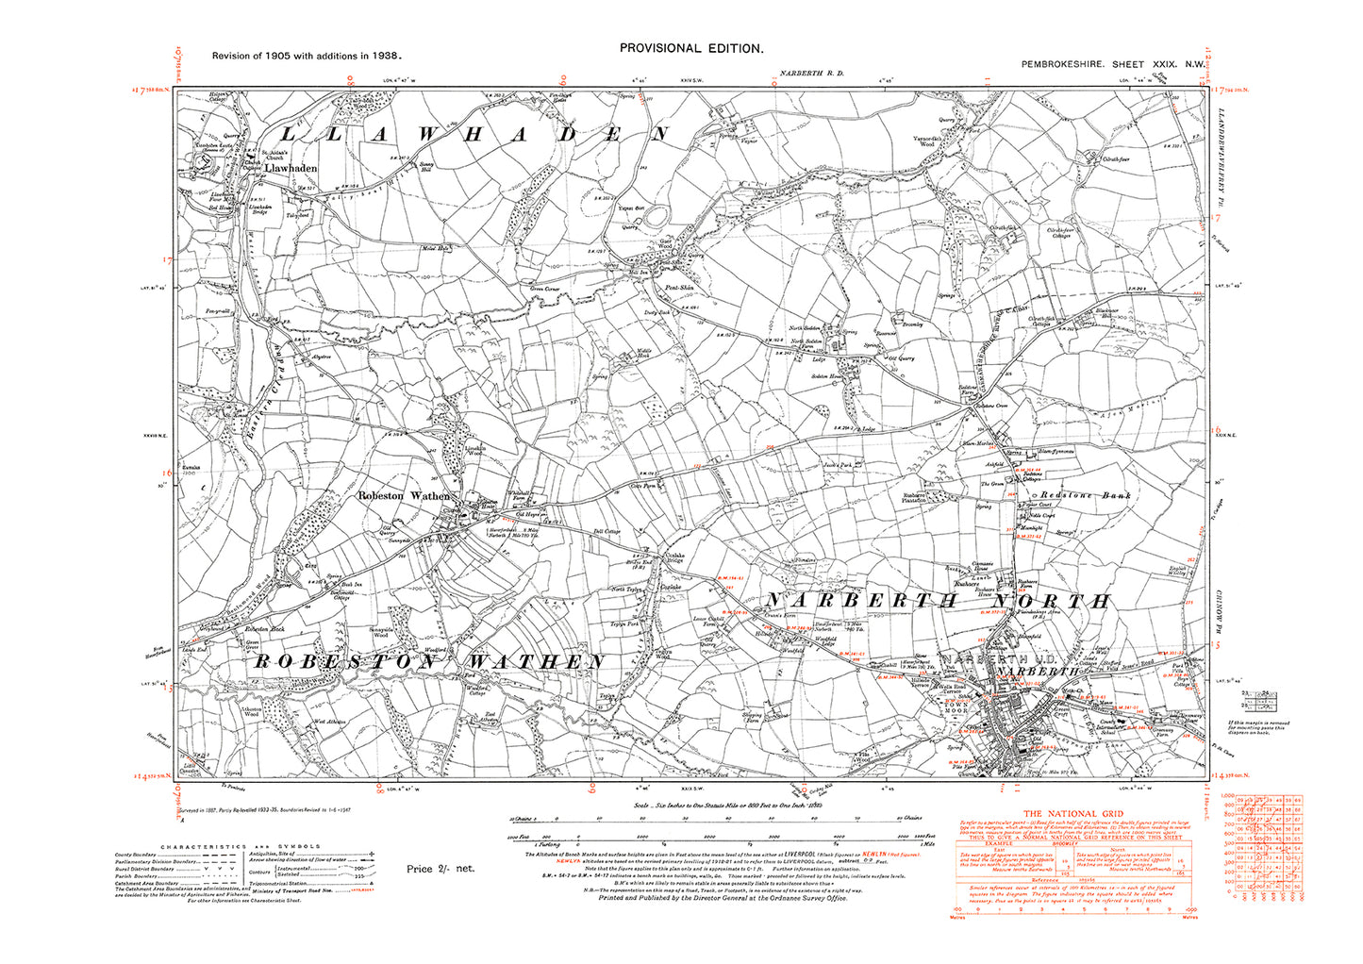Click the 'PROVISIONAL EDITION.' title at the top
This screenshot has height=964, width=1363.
coord(691,48)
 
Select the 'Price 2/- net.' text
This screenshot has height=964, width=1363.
coord(440,869)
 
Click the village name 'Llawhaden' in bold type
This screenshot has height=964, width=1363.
coord(291,168)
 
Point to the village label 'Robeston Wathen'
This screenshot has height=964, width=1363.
coord(403,495)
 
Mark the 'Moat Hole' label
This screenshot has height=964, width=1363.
coord(434,250)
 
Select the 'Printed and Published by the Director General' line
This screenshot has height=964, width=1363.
coord(722,898)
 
